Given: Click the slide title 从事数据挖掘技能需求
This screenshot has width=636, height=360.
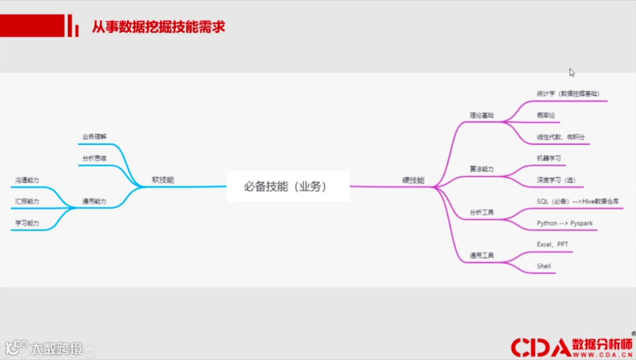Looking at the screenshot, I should click(158, 27).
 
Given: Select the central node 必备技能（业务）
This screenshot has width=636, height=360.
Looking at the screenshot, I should click(288, 186).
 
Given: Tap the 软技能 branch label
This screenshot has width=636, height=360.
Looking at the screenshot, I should click(163, 180).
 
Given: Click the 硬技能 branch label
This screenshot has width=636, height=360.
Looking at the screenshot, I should click(413, 180).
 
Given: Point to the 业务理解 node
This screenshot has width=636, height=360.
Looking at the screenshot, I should click(94, 137).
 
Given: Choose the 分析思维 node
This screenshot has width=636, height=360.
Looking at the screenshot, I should click(94, 158).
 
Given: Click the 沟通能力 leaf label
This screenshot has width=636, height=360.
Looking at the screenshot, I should click(27, 180).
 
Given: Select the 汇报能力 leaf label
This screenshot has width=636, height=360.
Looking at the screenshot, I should click(27, 202).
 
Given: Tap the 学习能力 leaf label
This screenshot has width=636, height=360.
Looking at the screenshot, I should click(27, 223).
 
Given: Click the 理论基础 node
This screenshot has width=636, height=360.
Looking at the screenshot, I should click(482, 115).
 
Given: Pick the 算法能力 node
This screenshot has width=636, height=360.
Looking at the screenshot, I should click(482, 169).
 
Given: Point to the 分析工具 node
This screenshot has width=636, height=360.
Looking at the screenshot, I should click(482, 212).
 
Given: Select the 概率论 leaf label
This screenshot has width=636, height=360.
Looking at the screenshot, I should click(546, 115).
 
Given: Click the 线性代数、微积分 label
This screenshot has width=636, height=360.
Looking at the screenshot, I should click(561, 137).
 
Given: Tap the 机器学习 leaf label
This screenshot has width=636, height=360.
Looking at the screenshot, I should click(549, 158).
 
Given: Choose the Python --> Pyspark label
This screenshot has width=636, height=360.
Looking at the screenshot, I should click(565, 223).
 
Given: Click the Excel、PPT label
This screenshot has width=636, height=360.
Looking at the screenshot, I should click(552, 245).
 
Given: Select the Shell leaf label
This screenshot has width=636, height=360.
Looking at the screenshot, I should click(544, 266).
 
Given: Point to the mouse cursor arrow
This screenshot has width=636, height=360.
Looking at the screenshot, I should click(572, 72).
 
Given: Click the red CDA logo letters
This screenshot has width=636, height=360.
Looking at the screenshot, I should click(540, 348).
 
